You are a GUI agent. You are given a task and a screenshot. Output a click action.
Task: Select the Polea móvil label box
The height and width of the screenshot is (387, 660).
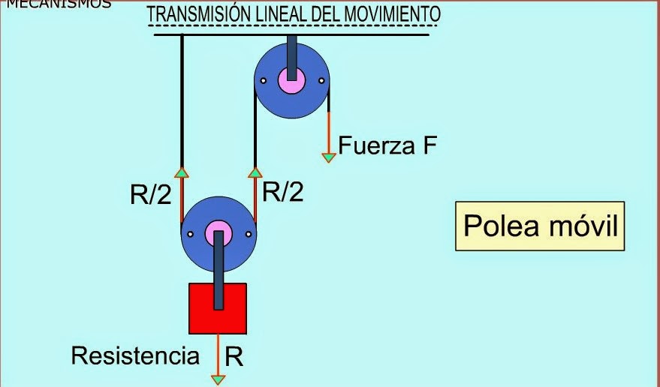click(x=540, y=226)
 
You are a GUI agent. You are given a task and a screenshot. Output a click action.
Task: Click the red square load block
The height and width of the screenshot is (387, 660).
click(x=200, y=308)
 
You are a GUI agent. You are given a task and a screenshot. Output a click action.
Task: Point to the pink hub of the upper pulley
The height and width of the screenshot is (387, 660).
click(x=291, y=79)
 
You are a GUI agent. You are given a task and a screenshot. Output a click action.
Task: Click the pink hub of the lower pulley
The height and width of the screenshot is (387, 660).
click(x=218, y=231)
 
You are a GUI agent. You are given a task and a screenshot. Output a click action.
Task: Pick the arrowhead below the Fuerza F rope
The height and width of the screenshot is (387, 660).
click(x=328, y=157)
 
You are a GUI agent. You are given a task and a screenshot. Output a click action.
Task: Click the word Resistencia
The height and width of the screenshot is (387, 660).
click(x=136, y=355)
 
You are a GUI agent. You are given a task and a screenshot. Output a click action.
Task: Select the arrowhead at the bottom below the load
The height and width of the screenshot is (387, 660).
click(x=218, y=379)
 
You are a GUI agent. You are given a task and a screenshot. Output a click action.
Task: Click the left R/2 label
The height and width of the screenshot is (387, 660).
click(x=150, y=196)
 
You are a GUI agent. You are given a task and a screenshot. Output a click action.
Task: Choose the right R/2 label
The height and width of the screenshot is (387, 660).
click(x=283, y=193)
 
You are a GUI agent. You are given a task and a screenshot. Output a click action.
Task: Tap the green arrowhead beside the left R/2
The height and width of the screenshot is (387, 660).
click(x=181, y=172)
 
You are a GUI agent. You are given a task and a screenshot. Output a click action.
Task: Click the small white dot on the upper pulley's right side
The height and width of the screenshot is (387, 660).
click(x=321, y=80)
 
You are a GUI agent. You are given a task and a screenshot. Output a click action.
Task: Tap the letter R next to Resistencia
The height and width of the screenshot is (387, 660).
click(x=234, y=357)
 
